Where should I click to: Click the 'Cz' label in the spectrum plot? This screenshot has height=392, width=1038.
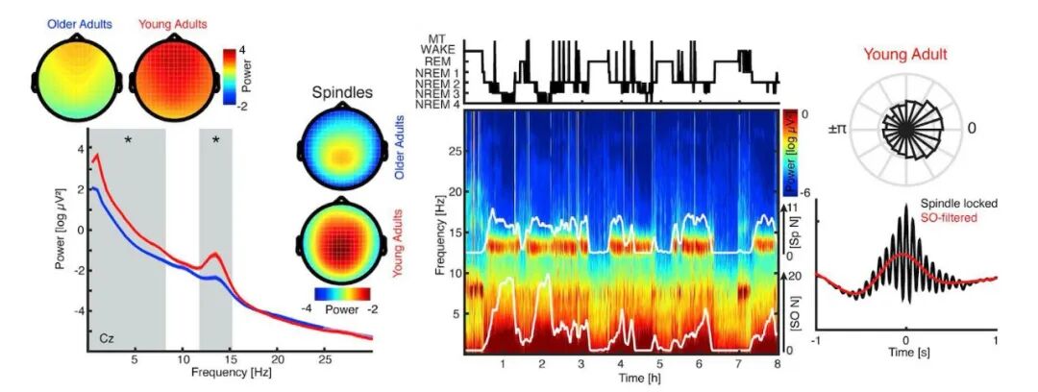(109, 339)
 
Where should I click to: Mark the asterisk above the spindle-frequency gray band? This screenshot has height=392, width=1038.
(216, 141)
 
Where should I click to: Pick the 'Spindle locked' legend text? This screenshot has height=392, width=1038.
(960, 204)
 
